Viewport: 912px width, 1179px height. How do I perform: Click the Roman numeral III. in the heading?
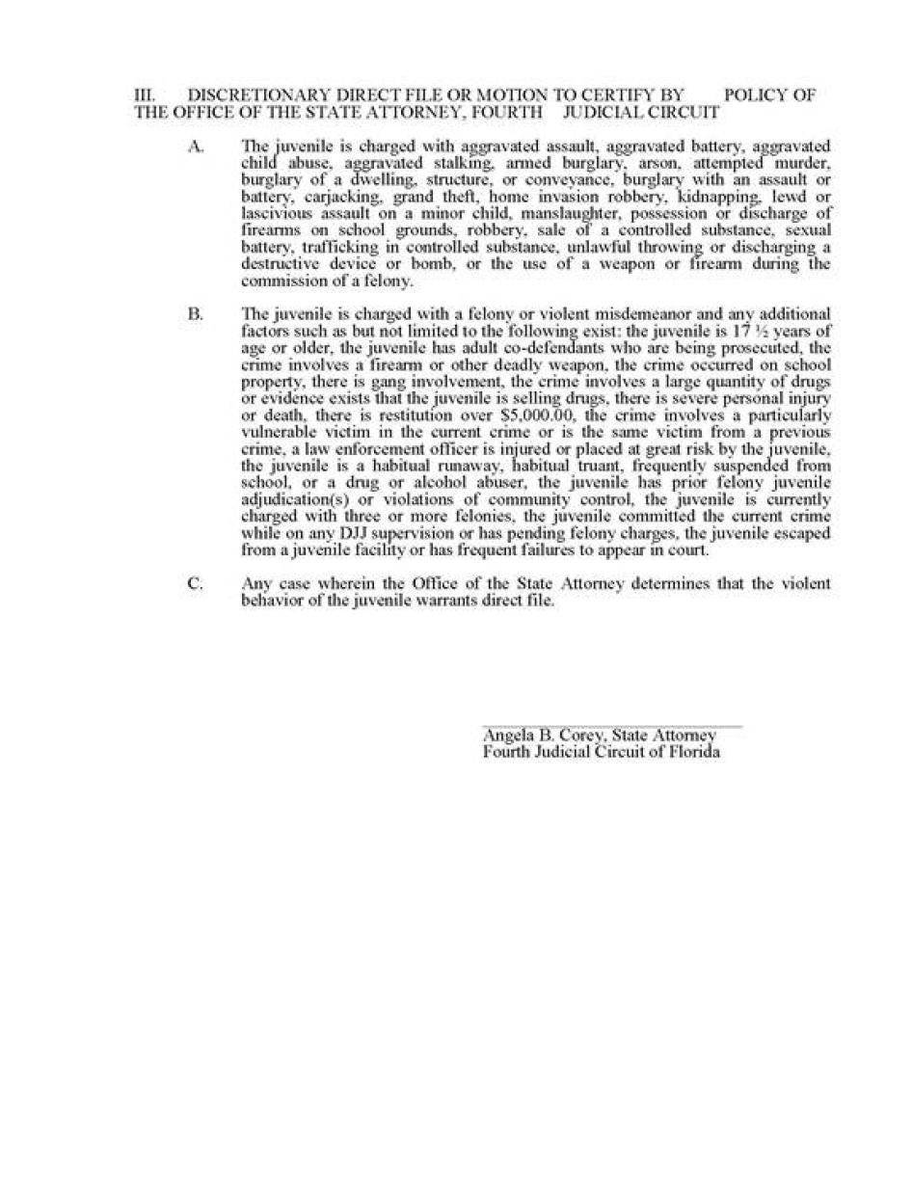click(x=145, y=95)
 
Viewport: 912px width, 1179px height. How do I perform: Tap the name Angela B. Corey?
click(x=542, y=736)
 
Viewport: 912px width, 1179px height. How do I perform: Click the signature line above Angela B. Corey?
click(x=611, y=726)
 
